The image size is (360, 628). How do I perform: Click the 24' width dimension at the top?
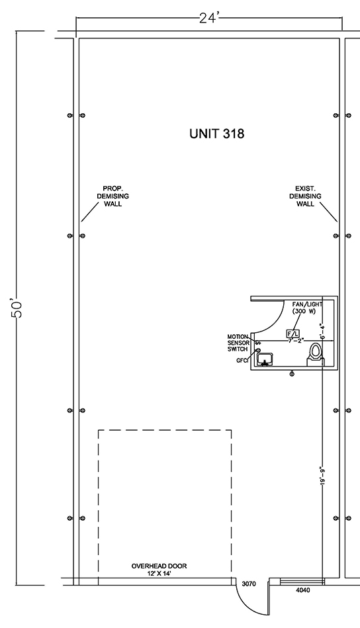click(208, 18)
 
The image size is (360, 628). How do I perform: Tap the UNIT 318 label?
click(216, 134)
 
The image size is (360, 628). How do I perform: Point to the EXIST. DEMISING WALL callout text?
click(305, 197)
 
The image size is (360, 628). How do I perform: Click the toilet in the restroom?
click(315, 355)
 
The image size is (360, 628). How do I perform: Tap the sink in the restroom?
click(265, 359)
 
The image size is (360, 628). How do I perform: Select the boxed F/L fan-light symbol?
click(292, 334)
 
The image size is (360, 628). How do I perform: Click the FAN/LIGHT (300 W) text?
click(307, 308)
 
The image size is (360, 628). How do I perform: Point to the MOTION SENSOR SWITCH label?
click(238, 343)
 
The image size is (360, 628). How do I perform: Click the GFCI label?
click(243, 361)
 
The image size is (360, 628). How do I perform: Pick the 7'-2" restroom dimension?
click(296, 340)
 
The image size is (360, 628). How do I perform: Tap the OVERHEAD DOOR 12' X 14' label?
click(159, 570)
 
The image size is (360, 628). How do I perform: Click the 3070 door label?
click(249, 584)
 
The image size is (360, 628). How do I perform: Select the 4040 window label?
click(302, 590)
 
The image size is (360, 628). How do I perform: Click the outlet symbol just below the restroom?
click(292, 374)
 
